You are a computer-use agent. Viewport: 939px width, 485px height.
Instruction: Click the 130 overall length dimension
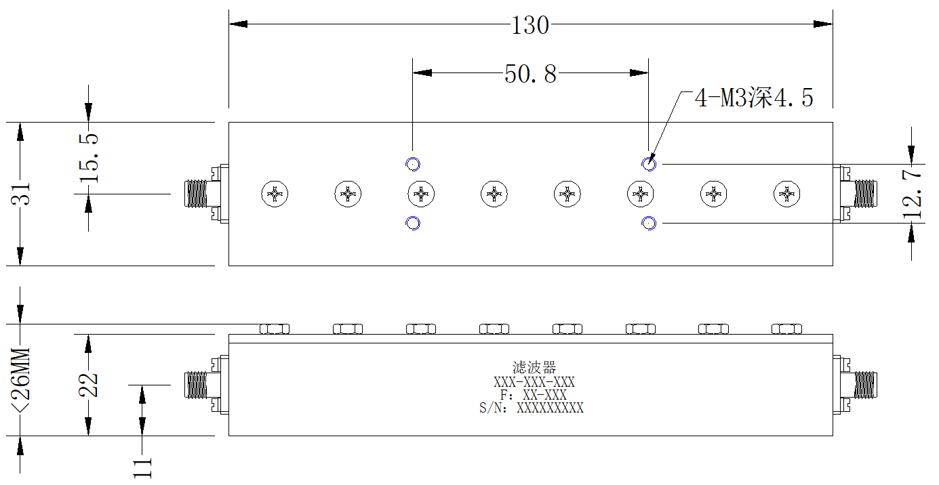pyautogui.click(x=530, y=26)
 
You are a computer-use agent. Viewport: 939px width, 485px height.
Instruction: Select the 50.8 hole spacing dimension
pyautogui.click(x=531, y=74)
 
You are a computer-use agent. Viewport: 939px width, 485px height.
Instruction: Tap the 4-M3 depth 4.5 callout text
pyautogui.click(x=754, y=98)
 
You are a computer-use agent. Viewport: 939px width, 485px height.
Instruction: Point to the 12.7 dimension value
pyautogui.click(x=913, y=193)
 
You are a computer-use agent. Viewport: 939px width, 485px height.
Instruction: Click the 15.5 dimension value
pyautogui.click(x=89, y=159)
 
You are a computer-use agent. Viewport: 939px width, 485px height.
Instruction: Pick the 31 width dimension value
pyautogui.click(x=21, y=194)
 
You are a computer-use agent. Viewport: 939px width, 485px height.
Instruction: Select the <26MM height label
pyautogui.click(x=21, y=379)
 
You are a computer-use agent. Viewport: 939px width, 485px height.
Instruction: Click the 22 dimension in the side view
pyautogui.click(x=88, y=385)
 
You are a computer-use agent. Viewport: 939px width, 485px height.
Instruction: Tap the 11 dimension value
pyautogui.click(x=142, y=468)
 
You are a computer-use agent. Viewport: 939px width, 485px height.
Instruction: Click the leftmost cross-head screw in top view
pyautogui.click(x=275, y=194)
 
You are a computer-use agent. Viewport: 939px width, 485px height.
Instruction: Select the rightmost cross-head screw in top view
pyautogui.click(x=787, y=194)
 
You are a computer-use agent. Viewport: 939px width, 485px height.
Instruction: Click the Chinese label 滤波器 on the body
pyautogui.click(x=534, y=367)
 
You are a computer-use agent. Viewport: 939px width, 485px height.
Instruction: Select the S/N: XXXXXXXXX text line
pyautogui.click(x=532, y=408)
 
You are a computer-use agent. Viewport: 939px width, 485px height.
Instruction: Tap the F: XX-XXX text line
pyautogui.click(x=534, y=395)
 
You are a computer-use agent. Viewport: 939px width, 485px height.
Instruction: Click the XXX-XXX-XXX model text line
pyautogui.click(x=534, y=382)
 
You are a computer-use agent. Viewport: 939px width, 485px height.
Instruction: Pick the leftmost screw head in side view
pyautogui.click(x=275, y=329)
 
